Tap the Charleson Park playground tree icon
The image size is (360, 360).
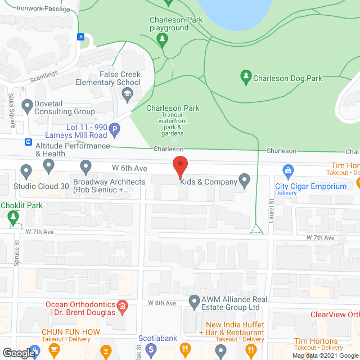click(x=163, y=38)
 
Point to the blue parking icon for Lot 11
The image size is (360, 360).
click(x=114, y=131)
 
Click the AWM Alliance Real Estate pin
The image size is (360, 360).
click(x=195, y=301)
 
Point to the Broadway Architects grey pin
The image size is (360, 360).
click(x=85, y=166)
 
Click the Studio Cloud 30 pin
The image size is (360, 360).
click(x=25, y=170)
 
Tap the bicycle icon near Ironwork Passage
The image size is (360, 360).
click(x=80, y=37)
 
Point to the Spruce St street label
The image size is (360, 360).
click(x=16, y=250)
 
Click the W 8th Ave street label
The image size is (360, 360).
click(x=163, y=303)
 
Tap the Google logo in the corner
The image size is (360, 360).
click(x=19, y=353)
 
